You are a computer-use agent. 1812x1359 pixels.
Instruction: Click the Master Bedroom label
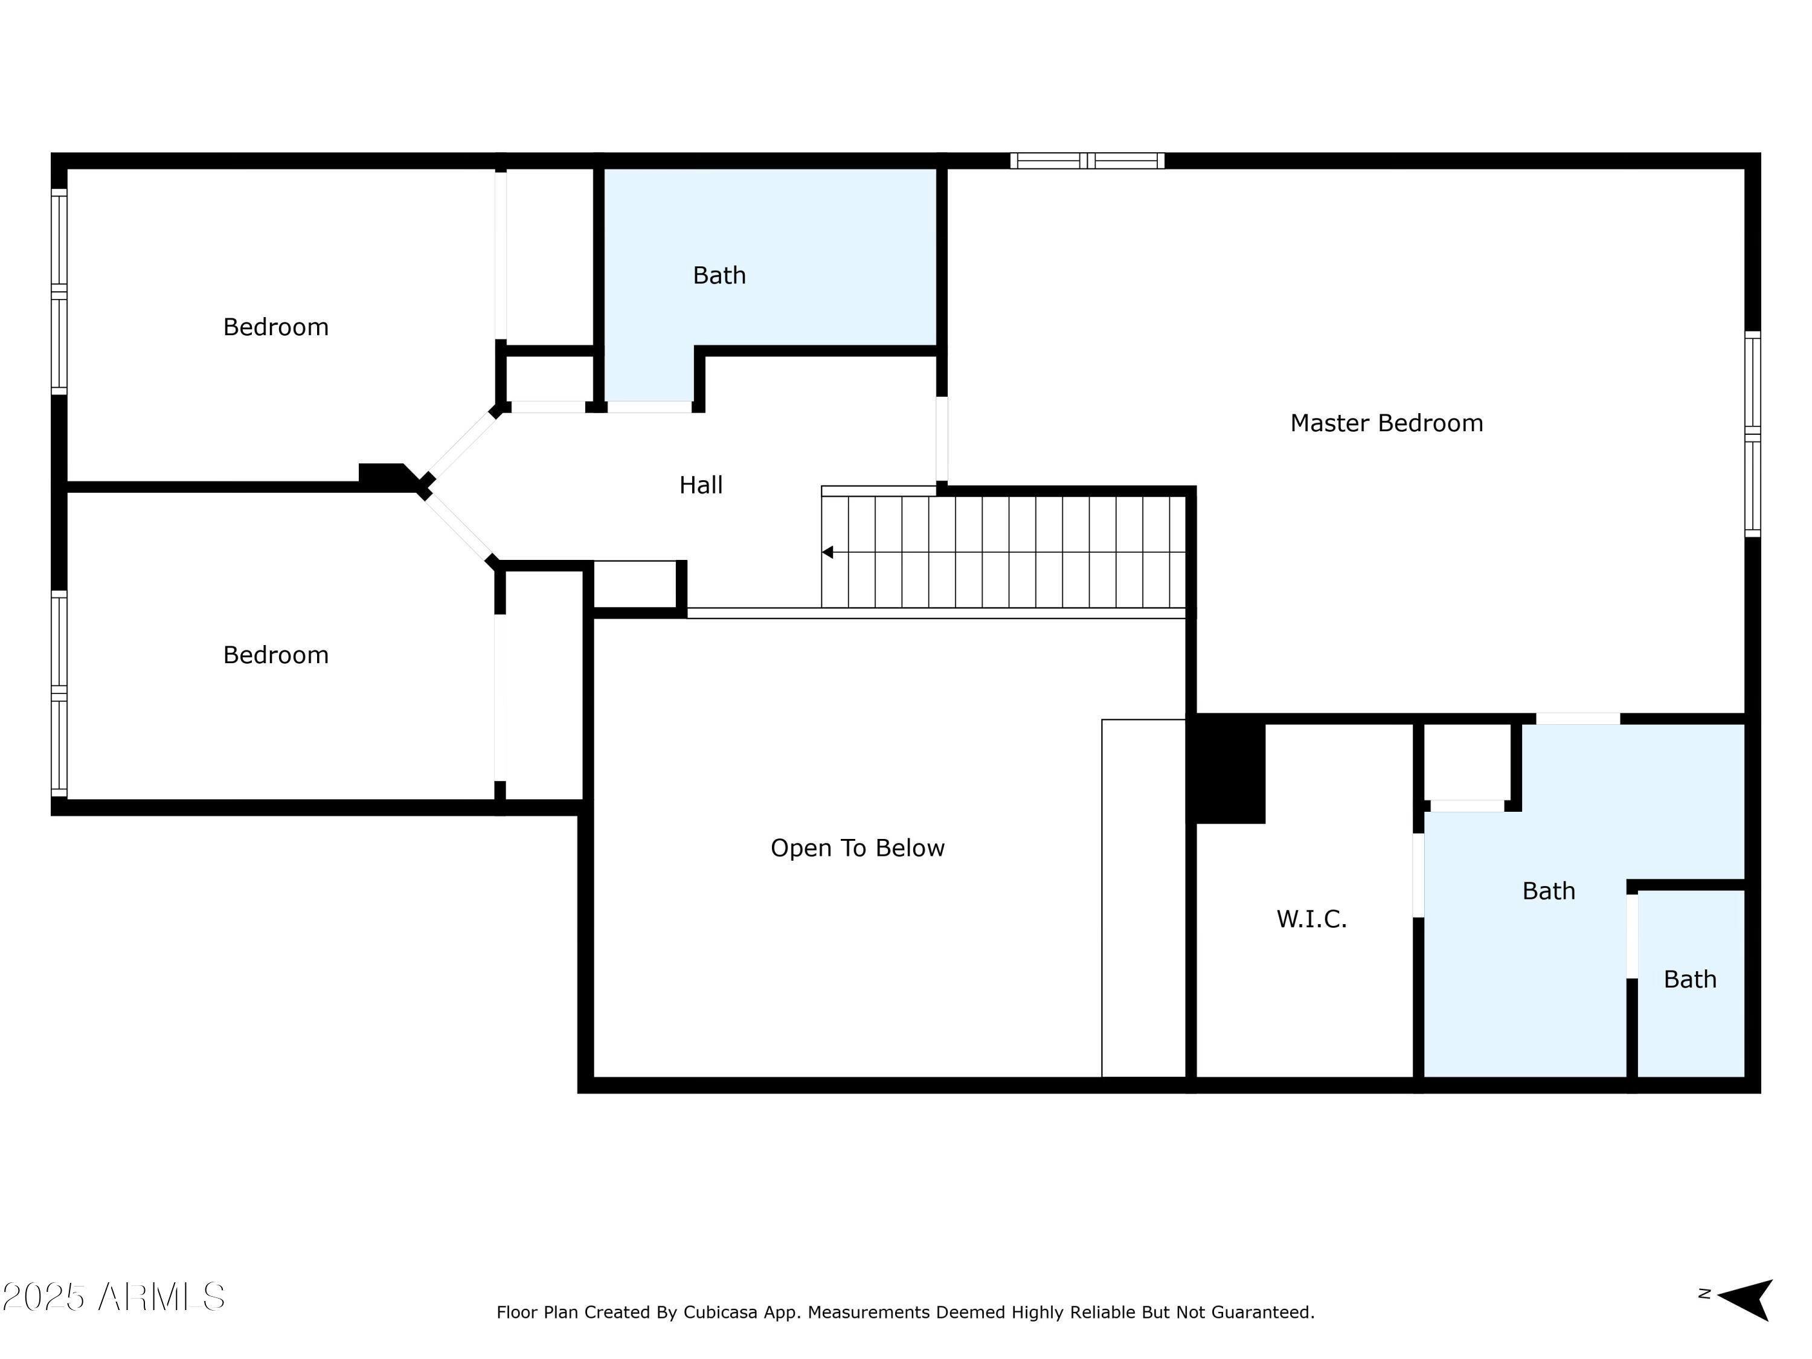pos(1386,423)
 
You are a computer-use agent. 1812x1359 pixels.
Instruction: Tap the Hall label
pos(701,485)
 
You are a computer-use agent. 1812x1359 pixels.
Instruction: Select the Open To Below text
pos(857,848)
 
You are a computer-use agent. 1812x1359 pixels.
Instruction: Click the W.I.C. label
pos(1311,919)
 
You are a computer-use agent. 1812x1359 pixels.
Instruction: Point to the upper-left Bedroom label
pos(275,327)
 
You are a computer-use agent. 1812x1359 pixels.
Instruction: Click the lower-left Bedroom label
pos(275,655)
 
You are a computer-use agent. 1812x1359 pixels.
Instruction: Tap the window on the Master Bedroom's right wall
pos(1752,434)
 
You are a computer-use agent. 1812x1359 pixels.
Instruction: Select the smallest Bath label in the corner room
pos(1689,980)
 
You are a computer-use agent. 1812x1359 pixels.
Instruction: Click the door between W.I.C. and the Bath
pos(1418,875)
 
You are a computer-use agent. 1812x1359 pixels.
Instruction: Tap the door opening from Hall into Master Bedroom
pos(941,439)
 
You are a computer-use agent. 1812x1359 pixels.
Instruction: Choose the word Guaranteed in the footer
pos(1262,1312)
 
